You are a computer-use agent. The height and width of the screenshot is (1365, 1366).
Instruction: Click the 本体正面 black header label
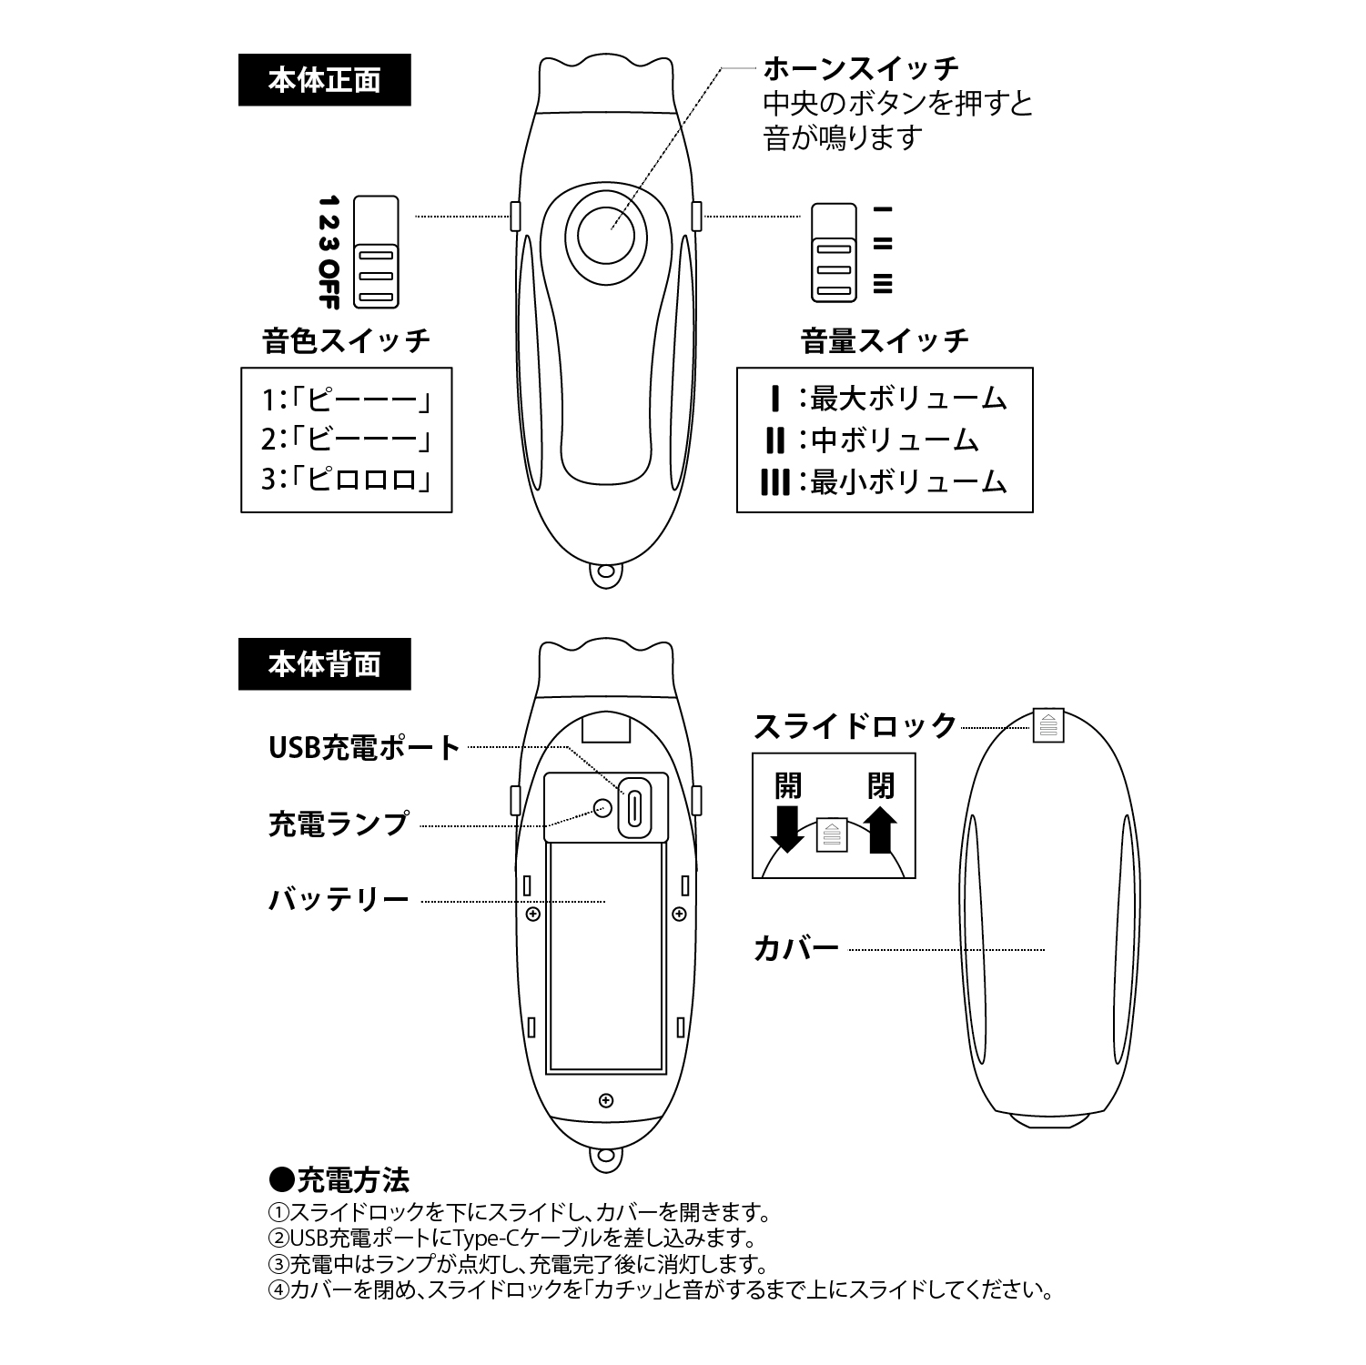(x=324, y=81)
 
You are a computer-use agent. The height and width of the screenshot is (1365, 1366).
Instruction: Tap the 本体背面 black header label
(x=324, y=665)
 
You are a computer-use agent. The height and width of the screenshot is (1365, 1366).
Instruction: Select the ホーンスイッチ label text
(x=861, y=68)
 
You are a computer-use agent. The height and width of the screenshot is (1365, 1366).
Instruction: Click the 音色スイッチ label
(x=346, y=341)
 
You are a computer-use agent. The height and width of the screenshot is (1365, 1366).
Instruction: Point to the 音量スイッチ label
(x=885, y=341)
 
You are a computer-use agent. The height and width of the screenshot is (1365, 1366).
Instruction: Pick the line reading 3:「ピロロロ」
(x=346, y=479)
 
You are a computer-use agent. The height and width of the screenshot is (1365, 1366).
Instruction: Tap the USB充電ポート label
(x=365, y=748)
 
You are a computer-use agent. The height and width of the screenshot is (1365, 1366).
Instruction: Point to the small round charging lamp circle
(x=602, y=805)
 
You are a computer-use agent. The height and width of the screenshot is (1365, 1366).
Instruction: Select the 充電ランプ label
(x=339, y=824)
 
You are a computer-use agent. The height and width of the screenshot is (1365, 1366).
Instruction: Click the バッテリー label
(x=339, y=900)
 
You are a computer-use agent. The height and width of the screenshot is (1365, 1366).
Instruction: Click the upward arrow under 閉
(x=880, y=829)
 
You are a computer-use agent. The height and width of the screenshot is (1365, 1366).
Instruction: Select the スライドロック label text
(x=855, y=725)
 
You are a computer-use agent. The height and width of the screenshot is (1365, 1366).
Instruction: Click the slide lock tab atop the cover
(x=1048, y=724)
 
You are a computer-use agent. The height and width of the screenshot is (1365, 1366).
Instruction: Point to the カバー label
(x=796, y=949)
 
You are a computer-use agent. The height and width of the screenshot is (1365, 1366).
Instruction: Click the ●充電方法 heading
(x=339, y=1180)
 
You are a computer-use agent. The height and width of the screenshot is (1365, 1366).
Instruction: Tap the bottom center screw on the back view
(x=606, y=1102)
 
